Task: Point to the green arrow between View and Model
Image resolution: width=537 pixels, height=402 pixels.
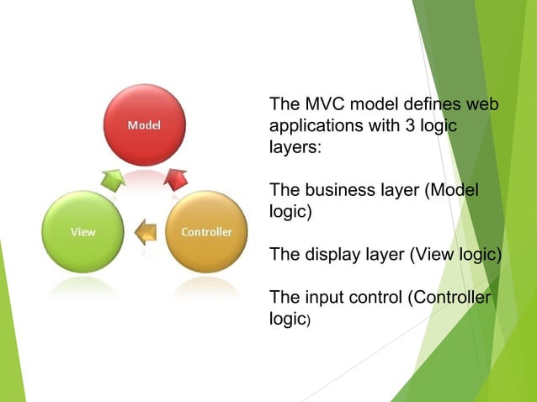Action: (113, 178)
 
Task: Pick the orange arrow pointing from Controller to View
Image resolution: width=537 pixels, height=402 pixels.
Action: (145, 230)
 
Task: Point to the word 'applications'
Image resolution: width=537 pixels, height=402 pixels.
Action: (311, 126)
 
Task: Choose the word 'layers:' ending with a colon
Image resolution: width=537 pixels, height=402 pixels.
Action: (295, 146)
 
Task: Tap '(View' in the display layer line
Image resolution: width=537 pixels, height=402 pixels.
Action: (430, 256)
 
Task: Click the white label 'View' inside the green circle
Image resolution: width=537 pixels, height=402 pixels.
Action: (82, 232)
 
